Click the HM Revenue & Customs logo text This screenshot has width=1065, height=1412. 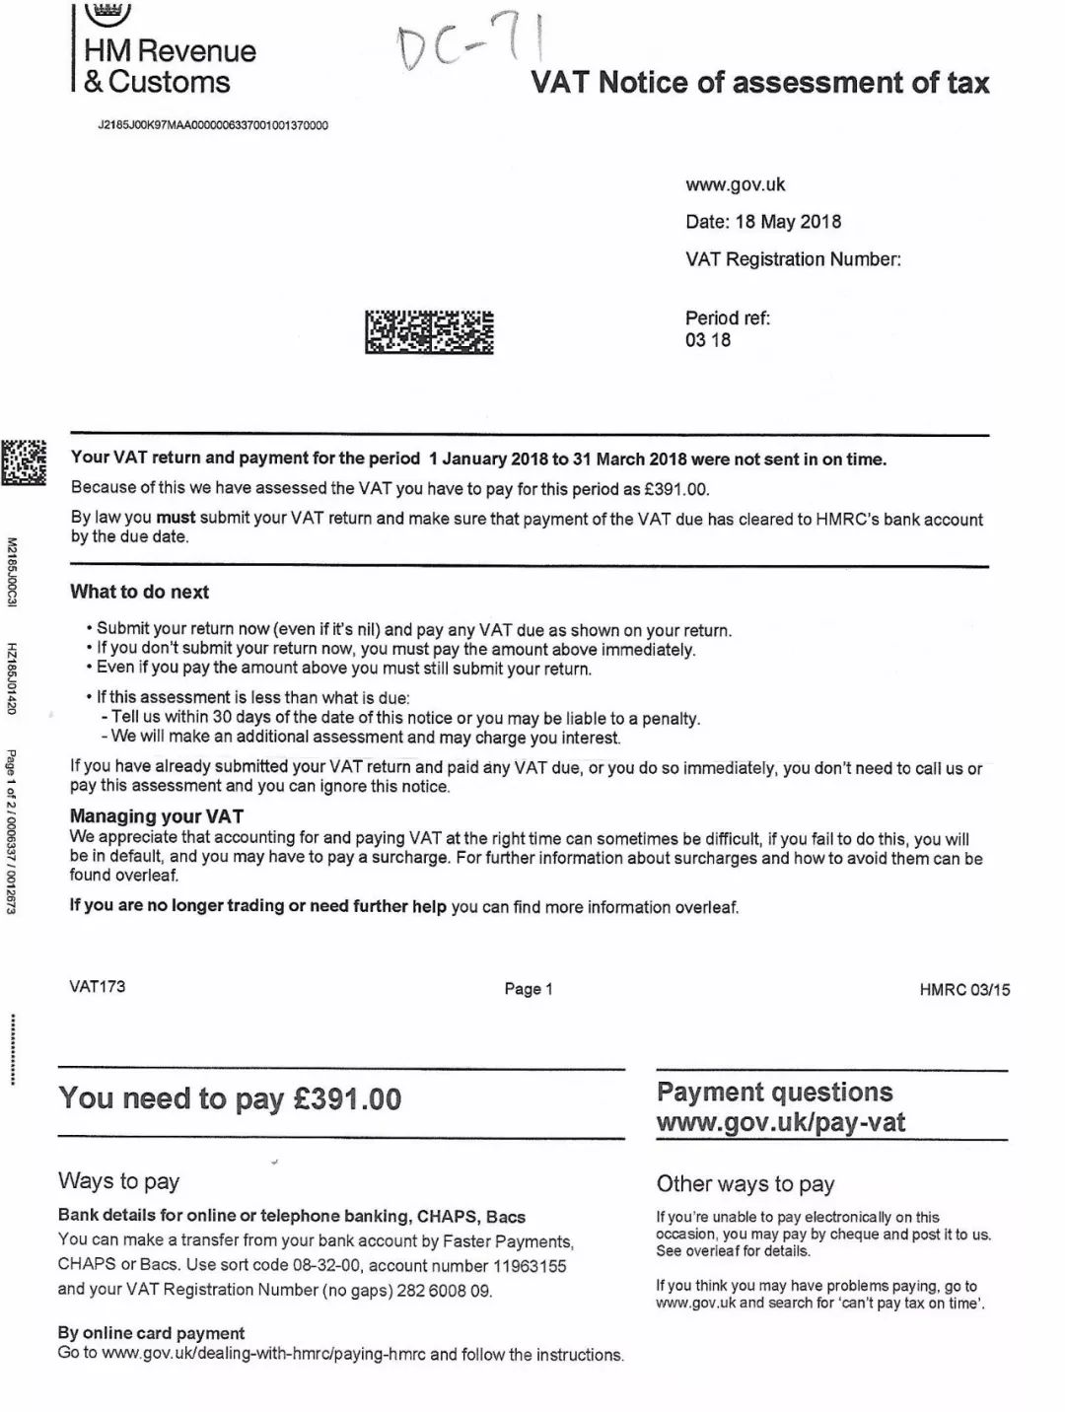point(169,66)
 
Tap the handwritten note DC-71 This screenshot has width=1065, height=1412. point(471,44)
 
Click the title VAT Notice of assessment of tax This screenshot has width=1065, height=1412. point(759,82)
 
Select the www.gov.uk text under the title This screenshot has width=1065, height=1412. point(735,184)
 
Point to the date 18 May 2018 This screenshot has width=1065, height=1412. point(788,222)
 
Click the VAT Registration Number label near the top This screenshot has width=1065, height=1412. point(793,259)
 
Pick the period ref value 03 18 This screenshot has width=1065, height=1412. point(708,340)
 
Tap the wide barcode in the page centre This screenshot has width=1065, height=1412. point(429,331)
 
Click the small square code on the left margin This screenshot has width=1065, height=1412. point(24,461)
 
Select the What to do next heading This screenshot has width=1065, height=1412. point(139,592)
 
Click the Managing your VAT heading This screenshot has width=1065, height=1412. point(156,815)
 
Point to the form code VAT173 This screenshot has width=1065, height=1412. point(97,986)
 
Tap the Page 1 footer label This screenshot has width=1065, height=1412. point(529,989)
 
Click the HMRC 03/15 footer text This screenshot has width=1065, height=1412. point(964,990)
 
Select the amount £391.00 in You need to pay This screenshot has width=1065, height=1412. point(347,1098)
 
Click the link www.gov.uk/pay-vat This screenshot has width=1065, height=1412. point(780,1122)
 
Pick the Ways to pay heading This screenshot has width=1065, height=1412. point(118,1180)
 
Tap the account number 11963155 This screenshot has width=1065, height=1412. point(530,1265)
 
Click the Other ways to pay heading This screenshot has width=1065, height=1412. point(745,1183)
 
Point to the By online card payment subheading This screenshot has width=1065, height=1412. point(151,1332)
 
